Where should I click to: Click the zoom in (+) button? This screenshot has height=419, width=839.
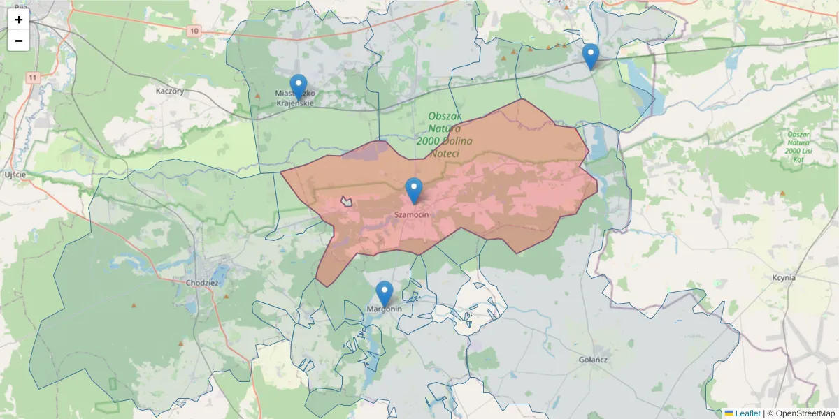(19, 20)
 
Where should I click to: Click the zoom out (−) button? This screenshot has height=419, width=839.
(19, 41)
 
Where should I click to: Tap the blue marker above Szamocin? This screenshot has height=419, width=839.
(414, 190)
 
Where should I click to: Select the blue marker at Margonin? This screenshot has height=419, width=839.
(384, 293)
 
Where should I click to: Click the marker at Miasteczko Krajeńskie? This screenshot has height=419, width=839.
(298, 87)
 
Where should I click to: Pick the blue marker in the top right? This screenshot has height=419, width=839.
(591, 56)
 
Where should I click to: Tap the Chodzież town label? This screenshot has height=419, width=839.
(203, 283)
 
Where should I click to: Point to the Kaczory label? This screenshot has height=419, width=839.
(170, 91)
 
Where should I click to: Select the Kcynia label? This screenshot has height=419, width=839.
(784, 277)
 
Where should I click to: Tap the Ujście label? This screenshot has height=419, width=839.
(15, 175)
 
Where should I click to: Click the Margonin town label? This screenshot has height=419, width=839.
(384, 309)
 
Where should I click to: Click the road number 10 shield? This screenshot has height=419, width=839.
(194, 31)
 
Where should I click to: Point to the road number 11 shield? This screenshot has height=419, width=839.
(33, 78)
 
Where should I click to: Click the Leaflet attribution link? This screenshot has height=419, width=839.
(747, 413)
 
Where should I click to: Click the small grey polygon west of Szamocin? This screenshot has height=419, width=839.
(346, 202)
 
